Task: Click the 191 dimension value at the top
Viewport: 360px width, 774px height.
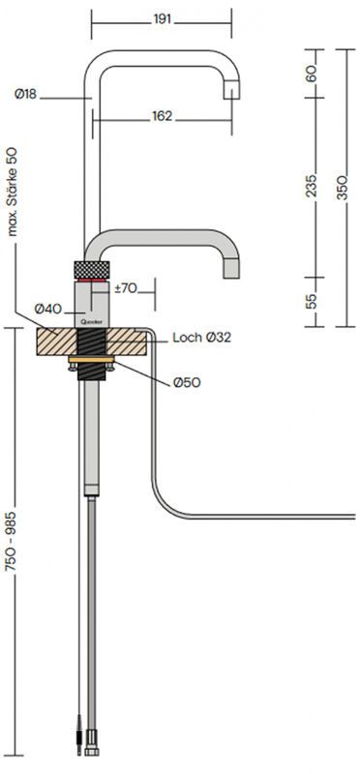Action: click(x=162, y=19)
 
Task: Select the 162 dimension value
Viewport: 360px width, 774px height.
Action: click(x=162, y=116)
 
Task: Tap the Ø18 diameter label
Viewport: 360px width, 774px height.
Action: click(x=26, y=94)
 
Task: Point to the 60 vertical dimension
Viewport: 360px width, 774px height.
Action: click(x=311, y=74)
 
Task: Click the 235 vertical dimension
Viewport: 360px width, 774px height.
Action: click(x=311, y=186)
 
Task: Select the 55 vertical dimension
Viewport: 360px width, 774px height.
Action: click(x=311, y=301)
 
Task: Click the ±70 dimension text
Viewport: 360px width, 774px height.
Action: click(x=126, y=288)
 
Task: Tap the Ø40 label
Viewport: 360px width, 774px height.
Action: click(x=47, y=309)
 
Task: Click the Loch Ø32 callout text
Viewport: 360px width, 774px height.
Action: click(x=202, y=338)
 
